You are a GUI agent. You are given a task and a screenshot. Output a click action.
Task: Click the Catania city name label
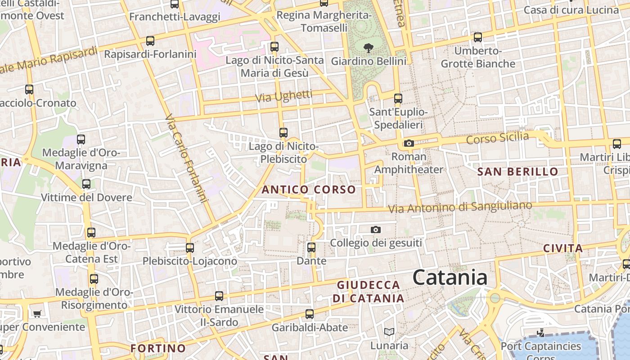[x=450, y=277]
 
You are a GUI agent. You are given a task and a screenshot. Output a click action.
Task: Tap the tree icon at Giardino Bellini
[x=369, y=47]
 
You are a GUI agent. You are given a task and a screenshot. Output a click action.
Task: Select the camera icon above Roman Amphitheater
[x=409, y=144]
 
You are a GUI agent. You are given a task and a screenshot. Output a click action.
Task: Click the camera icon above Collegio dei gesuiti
[x=376, y=230]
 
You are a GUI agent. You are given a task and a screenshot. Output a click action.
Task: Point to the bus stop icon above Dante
[x=311, y=247]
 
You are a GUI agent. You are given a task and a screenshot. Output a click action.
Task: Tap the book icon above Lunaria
[x=389, y=332]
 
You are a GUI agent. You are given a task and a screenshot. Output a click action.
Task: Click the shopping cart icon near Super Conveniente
[x=37, y=313]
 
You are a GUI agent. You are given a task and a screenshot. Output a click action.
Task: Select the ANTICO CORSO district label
[x=309, y=189]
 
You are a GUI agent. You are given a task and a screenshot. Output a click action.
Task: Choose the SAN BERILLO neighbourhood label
[x=517, y=171]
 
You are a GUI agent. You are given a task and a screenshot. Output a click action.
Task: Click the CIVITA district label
[x=563, y=248]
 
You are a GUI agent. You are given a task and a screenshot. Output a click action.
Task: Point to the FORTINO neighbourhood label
[x=158, y=348]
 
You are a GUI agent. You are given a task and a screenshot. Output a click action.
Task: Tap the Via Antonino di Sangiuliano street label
[x=459, y=207]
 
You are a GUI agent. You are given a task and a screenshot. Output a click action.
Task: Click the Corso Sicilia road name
[x=497, y=138]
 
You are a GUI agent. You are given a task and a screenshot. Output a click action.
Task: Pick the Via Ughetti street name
[x=283, y=96]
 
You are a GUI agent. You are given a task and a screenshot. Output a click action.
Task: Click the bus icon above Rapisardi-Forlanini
[x=150, y=41]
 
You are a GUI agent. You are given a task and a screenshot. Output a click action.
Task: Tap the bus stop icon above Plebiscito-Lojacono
[x=190, y=248]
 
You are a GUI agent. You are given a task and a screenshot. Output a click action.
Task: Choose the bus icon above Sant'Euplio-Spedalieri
[x=398, y=99]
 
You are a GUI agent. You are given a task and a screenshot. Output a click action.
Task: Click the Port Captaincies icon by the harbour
[x=541, y=333]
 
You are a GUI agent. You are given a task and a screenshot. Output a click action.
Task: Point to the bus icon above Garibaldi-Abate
[x=310, y=314]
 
